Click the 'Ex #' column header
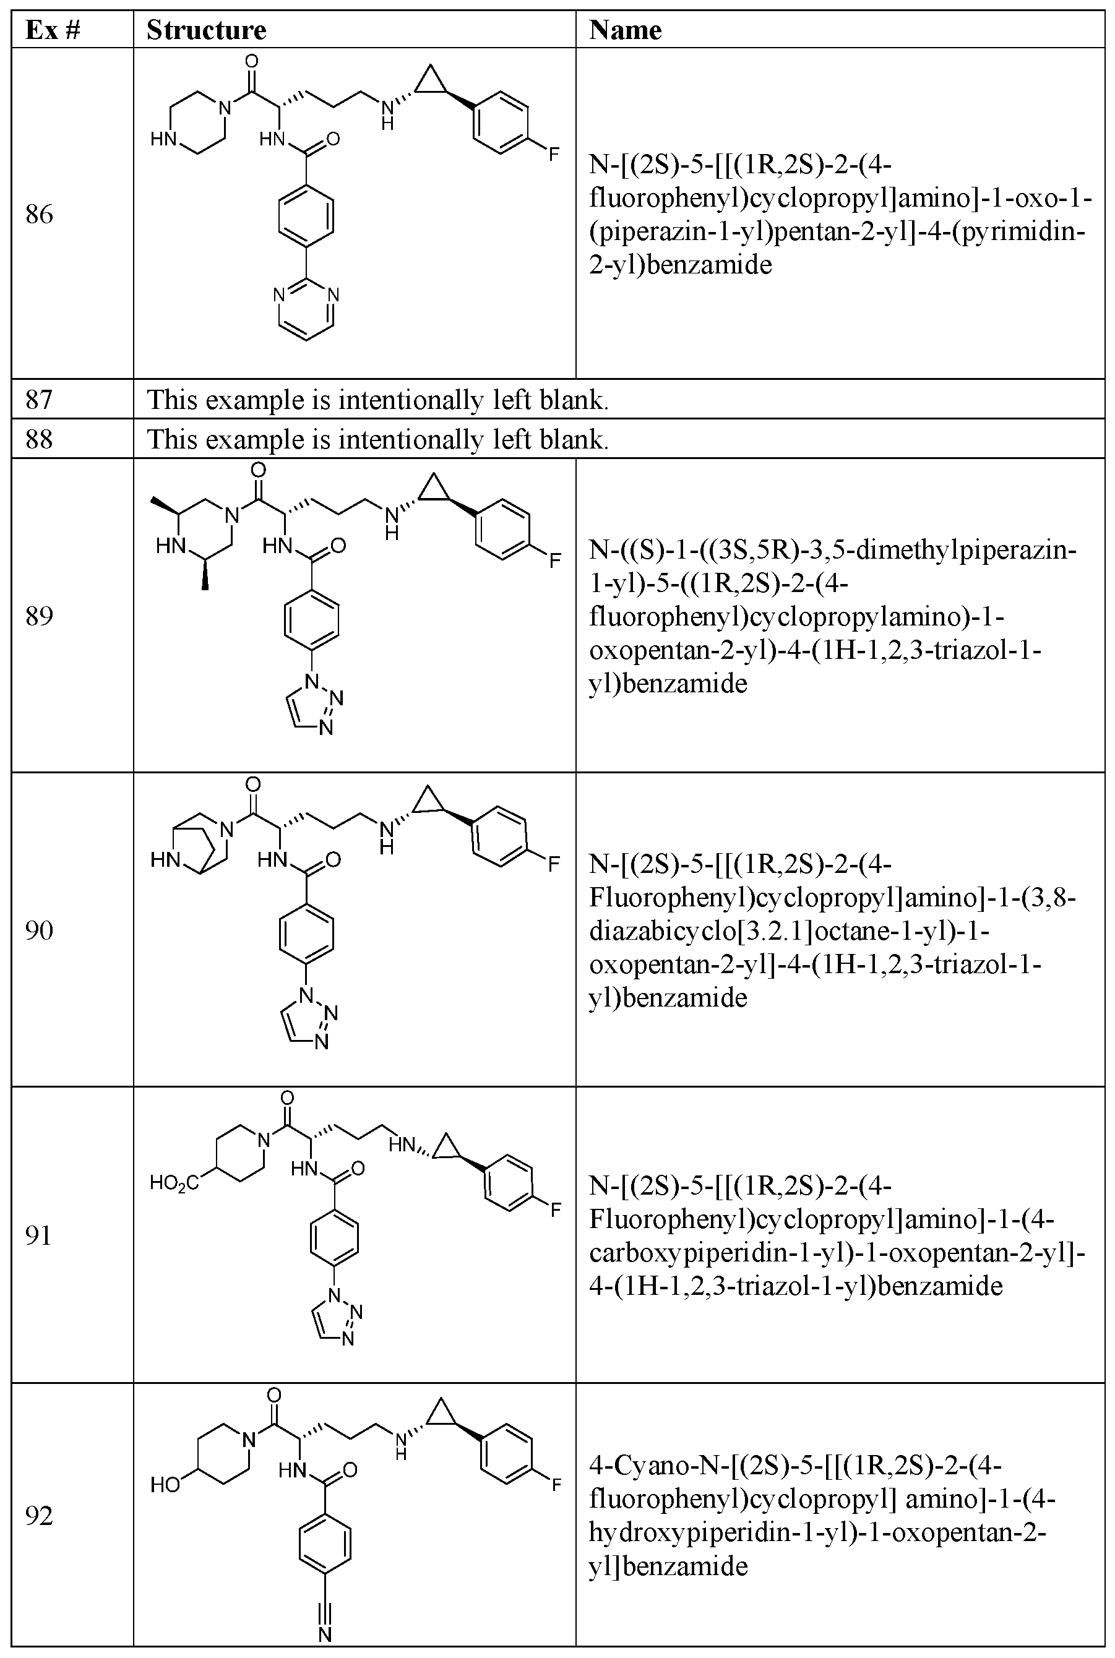(52, 30)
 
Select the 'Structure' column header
(206, 30)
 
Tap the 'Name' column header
(625, 30)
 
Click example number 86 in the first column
(39, 214)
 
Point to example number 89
(39, 616)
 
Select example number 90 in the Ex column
(39, 930)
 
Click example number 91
(39, 1235)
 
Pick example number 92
(39, 1516)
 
